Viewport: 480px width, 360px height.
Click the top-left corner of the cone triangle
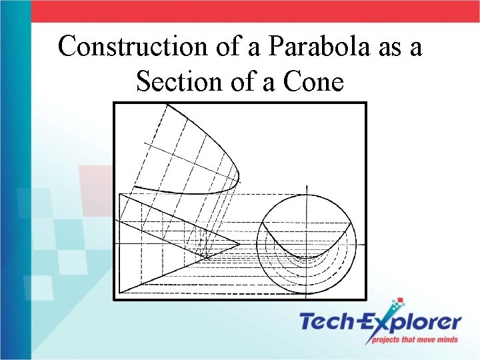pyautogui.click(x=119, y=194)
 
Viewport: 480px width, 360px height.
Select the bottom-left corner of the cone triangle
pyautogui.click(x=119, y=293)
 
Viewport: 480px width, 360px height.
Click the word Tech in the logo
pyautogui.click(x=329, y=323)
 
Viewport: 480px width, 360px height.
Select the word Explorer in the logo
pyautogui.click(x=414, y=323)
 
